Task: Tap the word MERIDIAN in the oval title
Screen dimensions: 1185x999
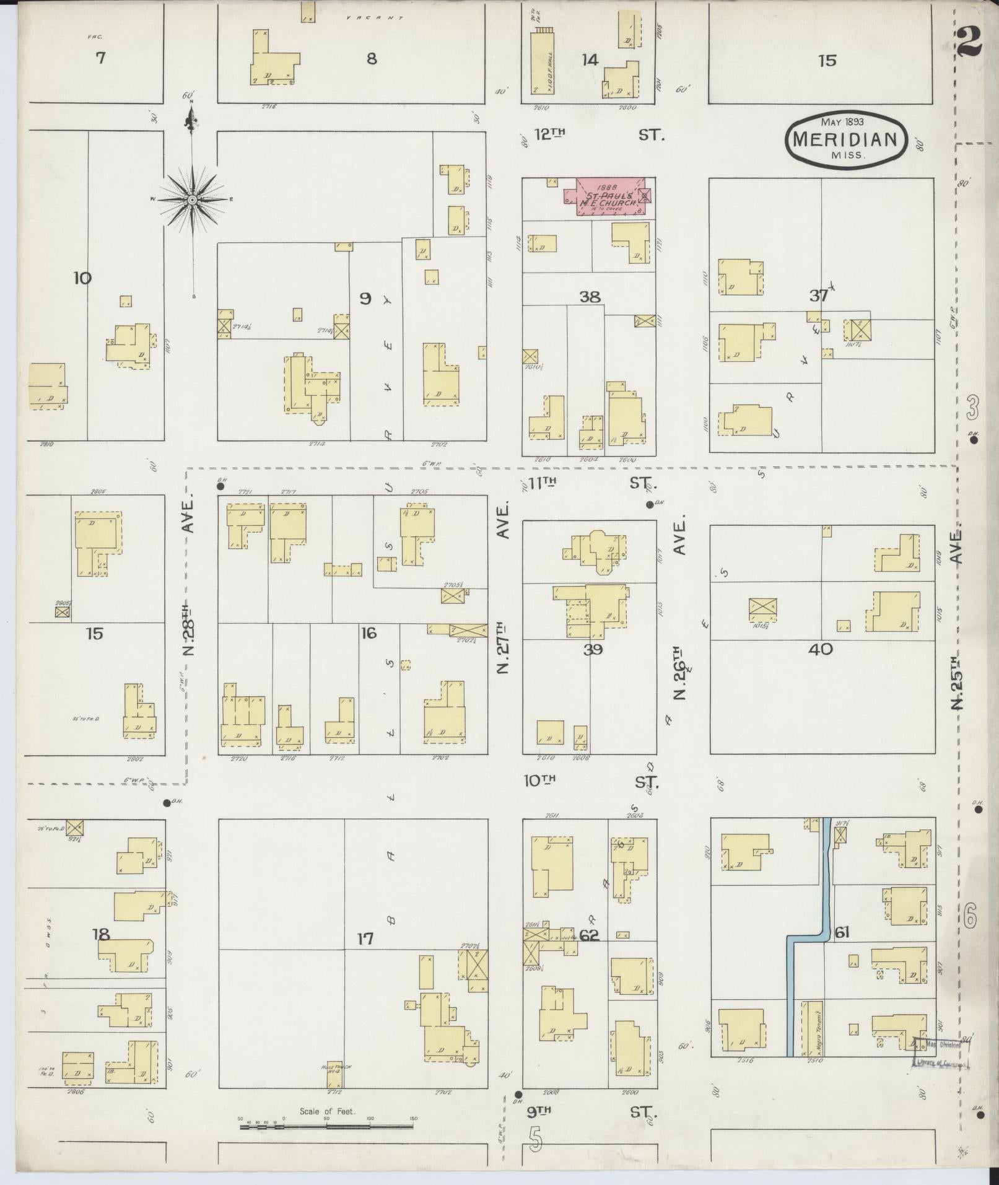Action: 846,139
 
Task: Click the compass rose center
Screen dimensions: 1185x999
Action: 193,200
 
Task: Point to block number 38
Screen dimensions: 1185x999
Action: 590,297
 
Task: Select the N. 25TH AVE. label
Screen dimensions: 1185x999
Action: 958,619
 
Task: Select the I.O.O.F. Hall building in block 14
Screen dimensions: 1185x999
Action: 542,62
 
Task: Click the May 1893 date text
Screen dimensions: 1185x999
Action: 842,121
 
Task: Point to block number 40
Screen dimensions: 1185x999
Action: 821,650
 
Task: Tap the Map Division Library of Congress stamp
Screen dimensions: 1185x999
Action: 940,1054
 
